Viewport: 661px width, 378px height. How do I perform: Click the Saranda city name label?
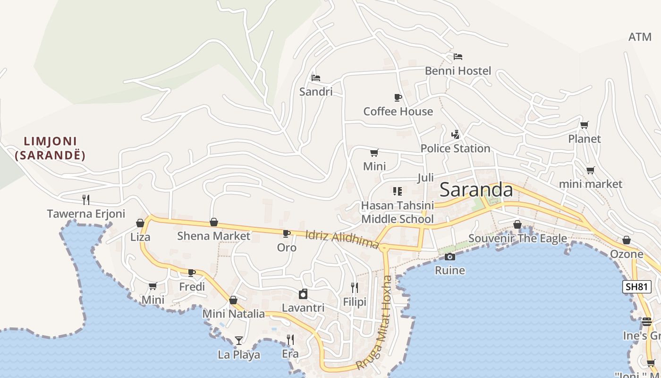pyautogui.click(x=476, y=190)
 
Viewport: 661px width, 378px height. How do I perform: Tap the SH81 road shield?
pyautogui.click(x=636, y=287)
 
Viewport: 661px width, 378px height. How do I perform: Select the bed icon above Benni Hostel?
pyautogui.click(x=458, y=57)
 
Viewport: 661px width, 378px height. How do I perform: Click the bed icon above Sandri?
pyautogui.click(x=316, y=77)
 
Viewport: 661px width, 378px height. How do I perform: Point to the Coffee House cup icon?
pyautogui.click(x=398, y=97)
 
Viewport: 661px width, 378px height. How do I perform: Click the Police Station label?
pyautogui.click(x=455, y=148)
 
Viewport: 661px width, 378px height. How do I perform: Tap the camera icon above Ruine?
pyautogui.click(x=450, y=257)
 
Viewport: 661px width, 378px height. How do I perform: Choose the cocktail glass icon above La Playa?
pyautogui.click(x=239, y=340)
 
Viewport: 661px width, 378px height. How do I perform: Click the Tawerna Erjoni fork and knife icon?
pyautogui.click(x=86, y=199)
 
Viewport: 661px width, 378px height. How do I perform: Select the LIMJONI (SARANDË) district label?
pyautogui.click(x=51, y=148)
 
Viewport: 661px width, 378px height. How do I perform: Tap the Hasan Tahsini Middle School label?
pyautogui.click(x=397, y=212)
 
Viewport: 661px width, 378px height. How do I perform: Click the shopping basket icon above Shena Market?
pyautogui.click(x=214, y=222)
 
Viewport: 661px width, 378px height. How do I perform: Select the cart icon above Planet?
pyautogui.click(x=585, y=125)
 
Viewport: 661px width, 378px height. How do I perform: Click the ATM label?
pyautogui.click(x=640, y=37)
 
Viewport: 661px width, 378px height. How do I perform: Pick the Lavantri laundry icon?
pyautogui.click(x=303, y=294)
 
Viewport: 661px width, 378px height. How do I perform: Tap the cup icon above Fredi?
pyautogui.click(x=192, y=273)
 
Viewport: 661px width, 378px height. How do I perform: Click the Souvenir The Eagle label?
pyautogui.click(x=517, y=238)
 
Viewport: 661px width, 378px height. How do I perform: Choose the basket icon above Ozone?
pyautogui.click(x=627, y=240)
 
